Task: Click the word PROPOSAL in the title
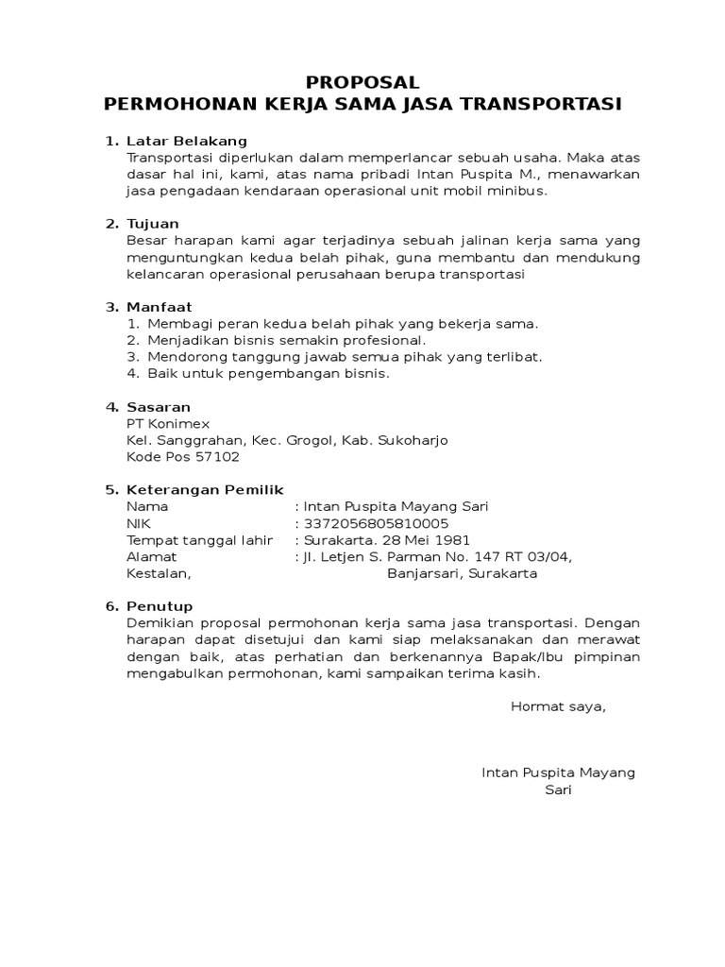[363, 83]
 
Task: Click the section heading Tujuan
[153, 224]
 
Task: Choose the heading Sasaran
[159, 407]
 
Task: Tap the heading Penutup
[160, 606]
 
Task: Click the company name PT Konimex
[168, 424]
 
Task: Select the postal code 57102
[219, 457]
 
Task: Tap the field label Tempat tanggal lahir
[199, 540]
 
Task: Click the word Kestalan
[158, 573]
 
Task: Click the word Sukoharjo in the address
[413, 440]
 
